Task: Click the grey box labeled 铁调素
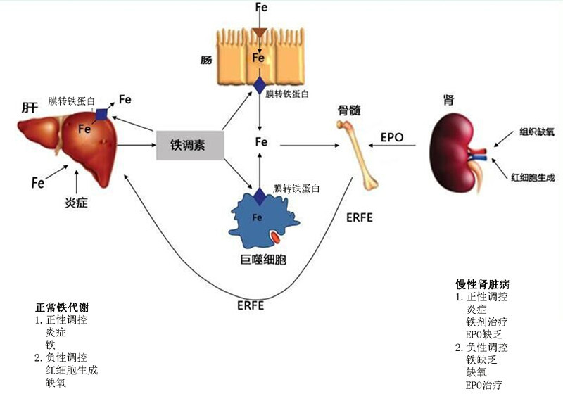pyautogui.click(x=189, y=145)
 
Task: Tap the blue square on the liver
pyautogui.click(x=103, y=114)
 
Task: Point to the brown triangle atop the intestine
pyautogui.click(x=260, y=32)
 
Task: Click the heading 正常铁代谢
pyautogui.click(x=62, y=308)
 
